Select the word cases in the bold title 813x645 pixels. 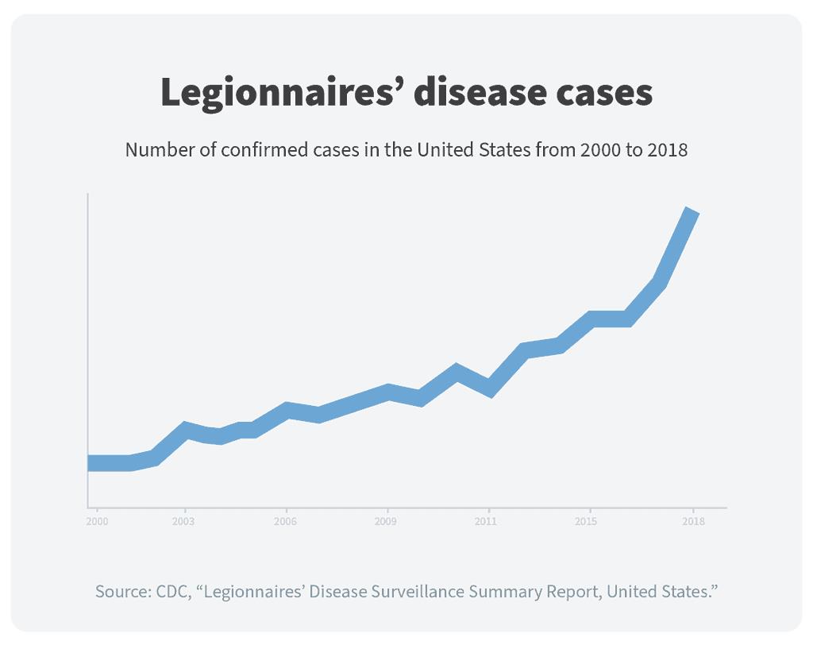(x=603, y=93)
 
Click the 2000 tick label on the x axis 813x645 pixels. (x=97, y=522)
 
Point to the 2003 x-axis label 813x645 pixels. (x=185, y=522)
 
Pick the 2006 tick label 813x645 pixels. (x=286, y=522)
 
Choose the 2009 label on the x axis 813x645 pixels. (x=387, y=522)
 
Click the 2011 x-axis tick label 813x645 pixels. (x=487, y=522)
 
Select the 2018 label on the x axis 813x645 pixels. (x=693, y=522)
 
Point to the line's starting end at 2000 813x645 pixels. (x=91, y=463)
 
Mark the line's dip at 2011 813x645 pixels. (x=490, y=389)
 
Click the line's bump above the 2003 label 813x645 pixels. (x=186, y=429)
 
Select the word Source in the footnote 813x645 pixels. (x=118, y=592)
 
